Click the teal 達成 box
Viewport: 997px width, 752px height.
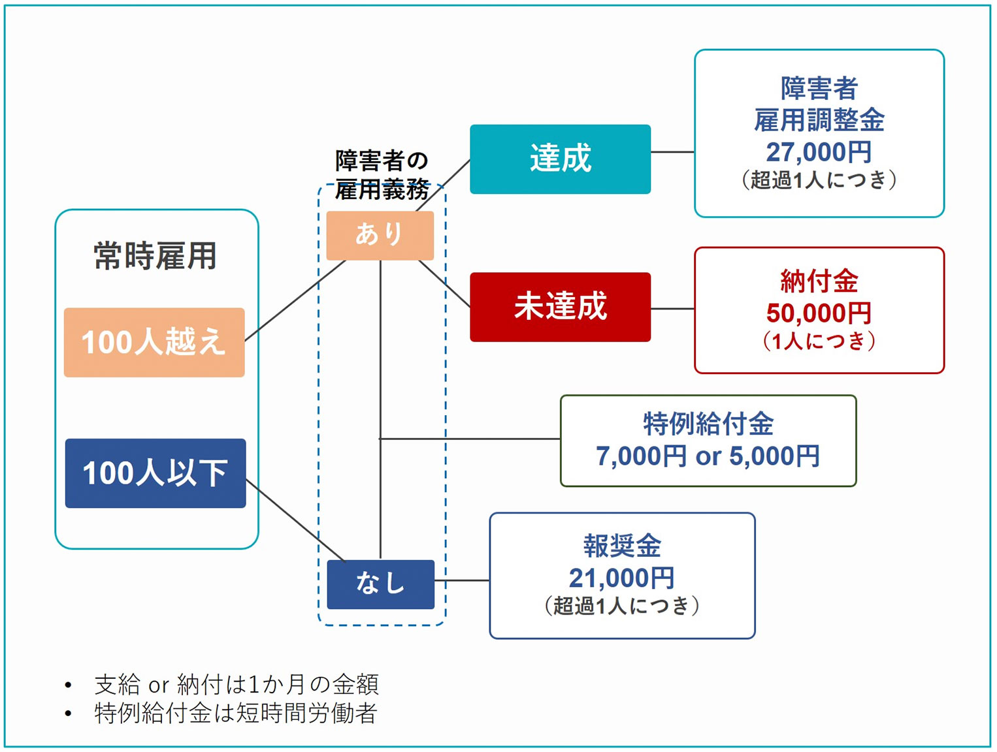coord(560,159)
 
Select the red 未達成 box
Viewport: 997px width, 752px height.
coord(560,307)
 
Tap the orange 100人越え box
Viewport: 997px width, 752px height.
coord(154,342)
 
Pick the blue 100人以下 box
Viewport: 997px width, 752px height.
coord(155,473)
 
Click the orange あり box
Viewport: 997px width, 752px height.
coord(380,235)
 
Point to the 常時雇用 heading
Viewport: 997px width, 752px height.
coord(155,255)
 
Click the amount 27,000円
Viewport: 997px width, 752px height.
coord(819,152)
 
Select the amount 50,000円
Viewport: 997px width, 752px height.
coord(819,313)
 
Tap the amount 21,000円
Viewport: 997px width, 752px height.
coord(621,578)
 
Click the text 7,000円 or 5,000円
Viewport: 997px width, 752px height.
coord(708,456)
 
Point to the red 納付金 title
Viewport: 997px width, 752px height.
coord(819,281)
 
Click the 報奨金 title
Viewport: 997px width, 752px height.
coord(622,546)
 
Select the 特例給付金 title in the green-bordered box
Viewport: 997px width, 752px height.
coord(708,424)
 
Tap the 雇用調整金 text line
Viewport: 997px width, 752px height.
coord(819,120)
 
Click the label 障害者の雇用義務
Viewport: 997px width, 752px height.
coord(382,174)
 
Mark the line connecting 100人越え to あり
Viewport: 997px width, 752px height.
coord(294,301)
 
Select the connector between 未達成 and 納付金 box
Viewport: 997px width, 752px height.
coord(672,309)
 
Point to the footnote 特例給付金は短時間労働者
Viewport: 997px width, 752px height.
coord(235,713)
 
